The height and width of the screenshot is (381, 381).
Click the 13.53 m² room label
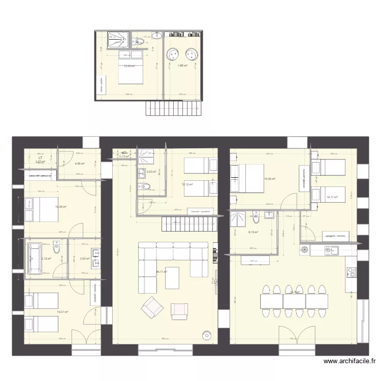(x=130, y=66)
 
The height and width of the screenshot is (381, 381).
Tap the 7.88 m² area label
(x=182, y=66)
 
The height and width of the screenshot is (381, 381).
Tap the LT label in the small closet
(x=40, y=158)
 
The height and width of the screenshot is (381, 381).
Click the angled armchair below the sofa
(x=151, y=306)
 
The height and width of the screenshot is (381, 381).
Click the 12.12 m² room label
(x=187, y=184)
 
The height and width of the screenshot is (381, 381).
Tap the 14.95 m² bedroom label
(x=270, y=179)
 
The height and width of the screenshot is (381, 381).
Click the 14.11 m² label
(x=332, y=197)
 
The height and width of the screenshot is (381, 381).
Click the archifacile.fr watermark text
(x=350, y=362)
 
